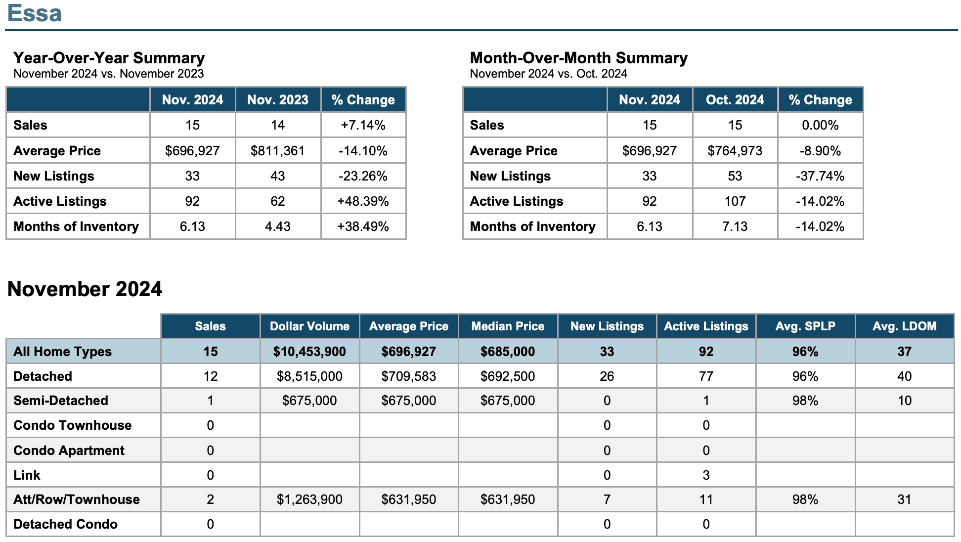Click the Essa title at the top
click(35, 13)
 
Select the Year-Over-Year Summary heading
click(109, 58)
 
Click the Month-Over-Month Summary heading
click(578, 58)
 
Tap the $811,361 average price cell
click(278, 151)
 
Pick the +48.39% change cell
click(363, 201)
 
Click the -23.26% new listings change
click(363, 176)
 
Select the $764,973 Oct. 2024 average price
click(735, 151)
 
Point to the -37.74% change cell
click(820, 176)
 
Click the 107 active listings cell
click(735, 201)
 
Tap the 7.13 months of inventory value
click(735, 226)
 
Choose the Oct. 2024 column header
click(735, 100)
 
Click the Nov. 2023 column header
click(278, 100)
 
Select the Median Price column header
click(508, 326)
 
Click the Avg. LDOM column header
click(905, 326)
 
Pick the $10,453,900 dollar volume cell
click(309, 352)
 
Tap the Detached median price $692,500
click(508, 376)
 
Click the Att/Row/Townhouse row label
click(77, 499)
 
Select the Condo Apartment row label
click(69, 451)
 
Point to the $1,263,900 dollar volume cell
click(309, 499)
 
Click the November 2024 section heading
click(85, 289)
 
